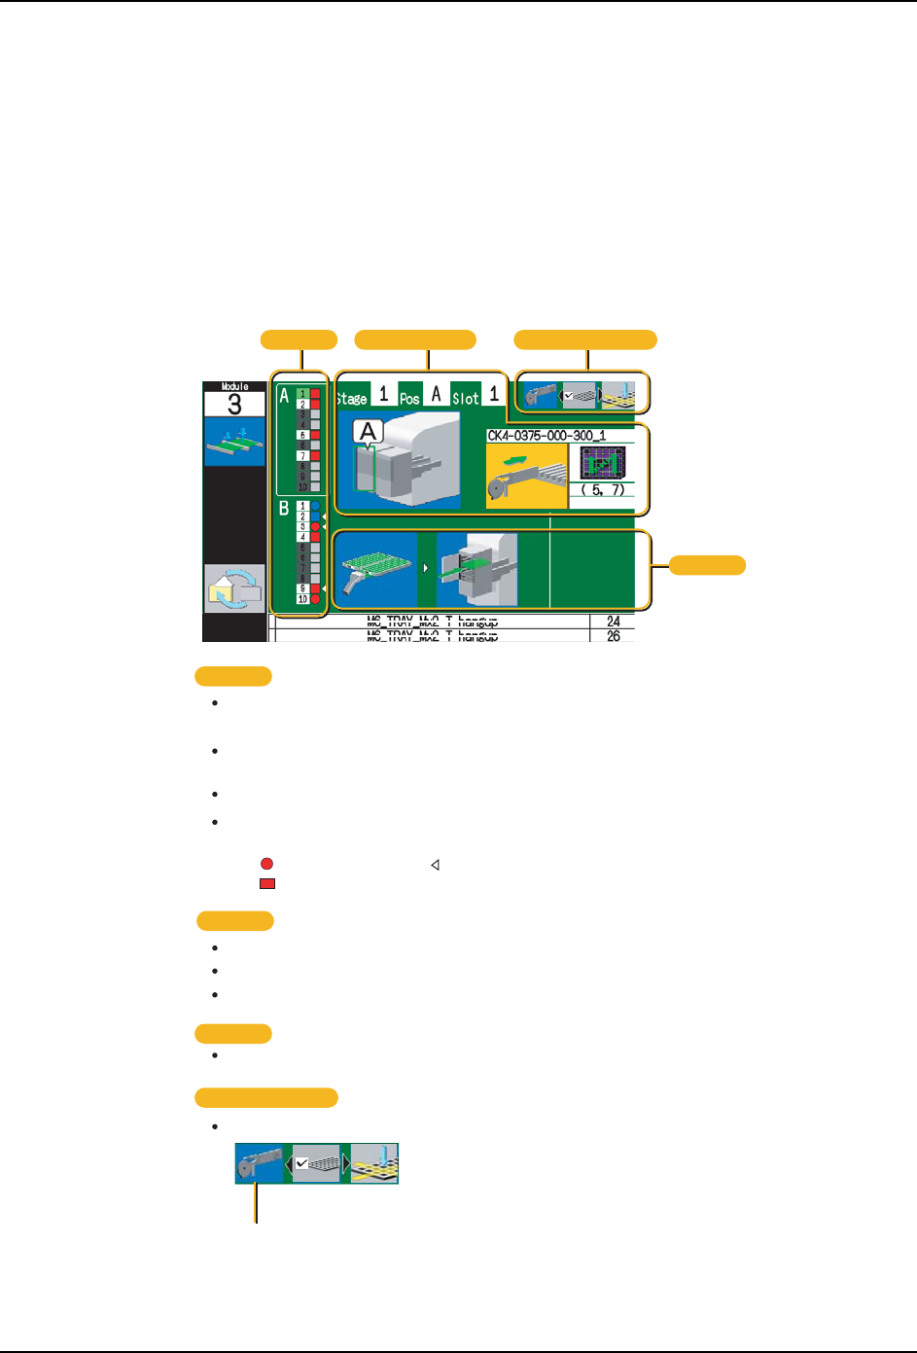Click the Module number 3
pyautogui.click(x=233, y=405)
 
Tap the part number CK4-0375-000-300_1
pyautogui.click(x=547, y=436)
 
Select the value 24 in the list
pyautogui.click(x=614, y=622)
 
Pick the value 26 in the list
pyautogui.click(x=614, y=636)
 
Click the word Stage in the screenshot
pyautogui.click(x=351, y=398)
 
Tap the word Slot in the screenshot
pyautogui.click(x=466, y=398)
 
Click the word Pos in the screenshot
pyautogui.click(x=409, y=398)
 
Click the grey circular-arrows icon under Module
pyautogui.click(x=233, y=588)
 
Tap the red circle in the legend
pyautogui.click(x=266, y=864)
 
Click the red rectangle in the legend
pyautogui.click(x=267, y=884)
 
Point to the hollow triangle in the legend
pyautogui.click(x=436, y=864)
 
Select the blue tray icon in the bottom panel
pyautogui.click(x=374, y=570)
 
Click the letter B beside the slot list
pyautogui.click(x=284, y=508)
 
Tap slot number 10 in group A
pyautogui.click(x=302, y=486)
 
